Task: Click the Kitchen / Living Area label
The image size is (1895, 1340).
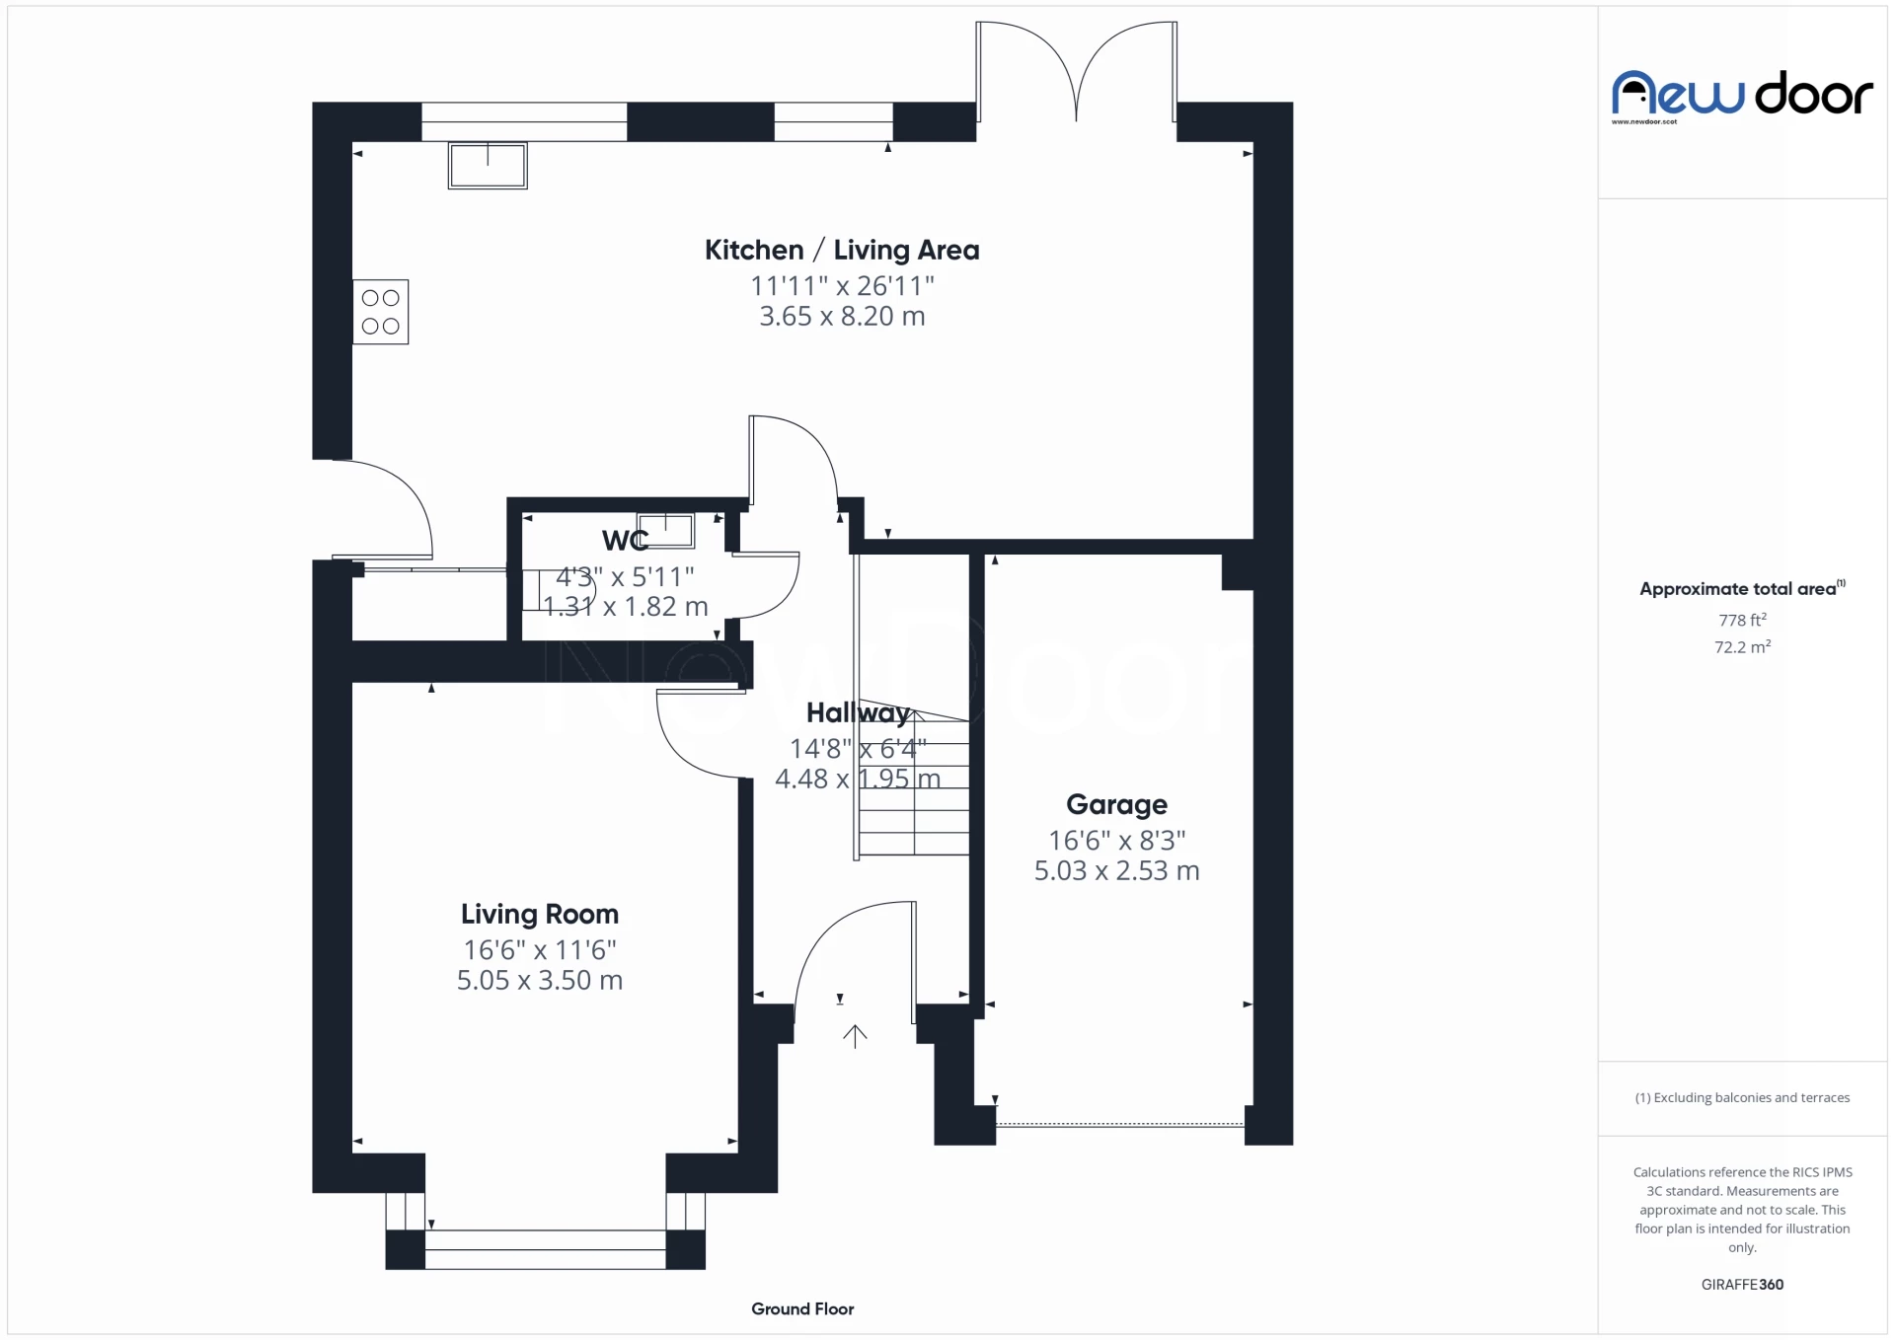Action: pos(841,251)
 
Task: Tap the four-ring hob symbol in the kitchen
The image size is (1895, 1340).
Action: pos(380,312)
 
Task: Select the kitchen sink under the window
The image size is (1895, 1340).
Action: pos(488,165)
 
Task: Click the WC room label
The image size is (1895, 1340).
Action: pos(625,541)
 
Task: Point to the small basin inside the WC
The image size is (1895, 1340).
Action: pos(665,530)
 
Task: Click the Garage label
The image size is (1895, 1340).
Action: pos(1116,805)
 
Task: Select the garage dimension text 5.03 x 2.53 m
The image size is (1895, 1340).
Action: pos(1116,871)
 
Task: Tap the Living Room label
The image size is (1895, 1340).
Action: pos(539,915)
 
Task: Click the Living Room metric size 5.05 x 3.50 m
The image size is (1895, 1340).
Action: pos(539,981)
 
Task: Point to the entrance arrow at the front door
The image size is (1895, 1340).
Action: pos(855,1036)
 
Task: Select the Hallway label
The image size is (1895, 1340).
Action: pos(857,713)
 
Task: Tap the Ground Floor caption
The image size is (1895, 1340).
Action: pos(801,1309)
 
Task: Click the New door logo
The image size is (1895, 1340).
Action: pos(1741,96)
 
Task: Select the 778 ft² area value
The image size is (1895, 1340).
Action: pos(1742,621)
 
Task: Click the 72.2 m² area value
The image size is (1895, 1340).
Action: pos(1742,647)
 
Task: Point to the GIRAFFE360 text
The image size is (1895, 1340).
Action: pos(1742,1285)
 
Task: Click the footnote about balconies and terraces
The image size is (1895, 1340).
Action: pos(1742,1098)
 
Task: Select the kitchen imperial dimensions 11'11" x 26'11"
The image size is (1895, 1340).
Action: pos(841,286)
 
